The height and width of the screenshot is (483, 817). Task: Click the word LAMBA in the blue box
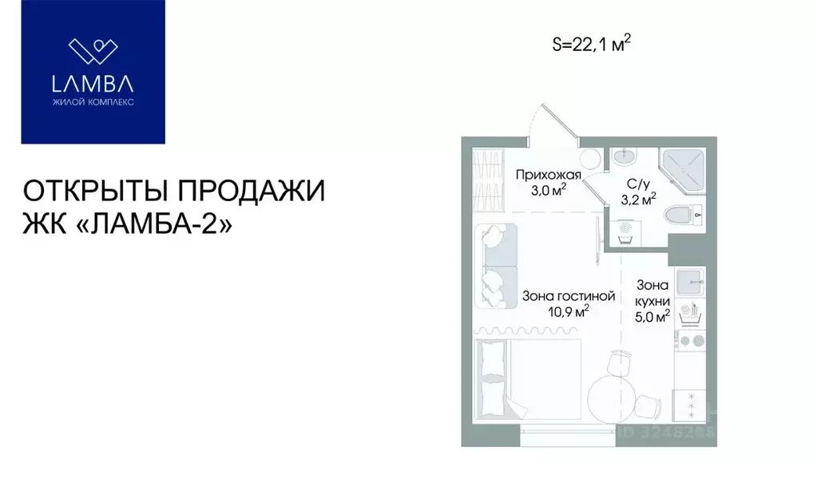click(93, 82)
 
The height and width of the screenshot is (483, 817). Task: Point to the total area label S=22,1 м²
click(587, 45)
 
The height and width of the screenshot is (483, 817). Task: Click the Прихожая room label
click(547, 175)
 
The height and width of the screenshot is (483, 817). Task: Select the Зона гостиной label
click(568, 295)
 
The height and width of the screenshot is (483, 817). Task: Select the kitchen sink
click(689, 281)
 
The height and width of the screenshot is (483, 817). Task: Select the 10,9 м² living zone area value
click(568, 311)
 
